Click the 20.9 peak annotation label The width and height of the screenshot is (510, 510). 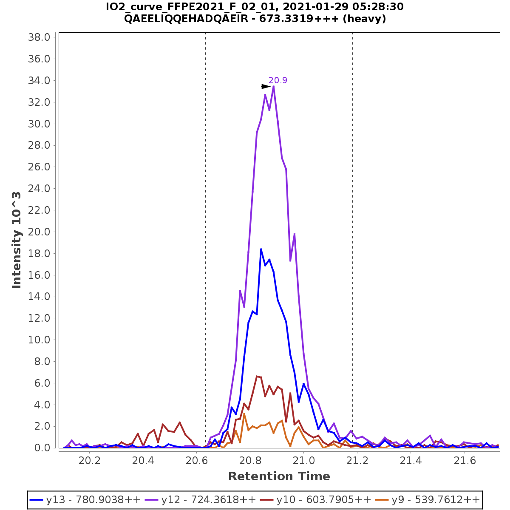[278, 80]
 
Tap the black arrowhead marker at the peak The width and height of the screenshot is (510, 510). [266, 86]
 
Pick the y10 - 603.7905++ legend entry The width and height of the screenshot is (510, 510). [323, 500]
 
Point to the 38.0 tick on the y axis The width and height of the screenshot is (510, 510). [39, 37]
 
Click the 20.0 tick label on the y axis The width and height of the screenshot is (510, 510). [39, 232]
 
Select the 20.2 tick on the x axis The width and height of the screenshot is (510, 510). [90, 461]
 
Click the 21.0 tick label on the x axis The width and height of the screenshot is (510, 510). [304, 461]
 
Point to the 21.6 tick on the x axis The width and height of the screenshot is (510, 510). [465, 461]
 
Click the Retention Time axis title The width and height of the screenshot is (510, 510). [279, 476]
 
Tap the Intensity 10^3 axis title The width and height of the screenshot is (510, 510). [17, 240]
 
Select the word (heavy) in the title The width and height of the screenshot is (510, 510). [365, 19]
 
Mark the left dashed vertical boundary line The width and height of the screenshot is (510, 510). [206, 212]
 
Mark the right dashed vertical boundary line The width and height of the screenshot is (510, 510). [353, 212]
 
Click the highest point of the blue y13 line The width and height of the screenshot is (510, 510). [261, 249]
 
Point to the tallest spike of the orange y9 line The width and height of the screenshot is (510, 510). [244, 414]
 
